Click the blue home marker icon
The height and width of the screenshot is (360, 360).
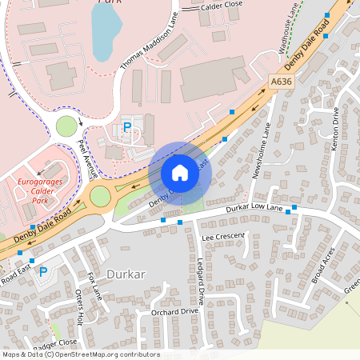point(180,173)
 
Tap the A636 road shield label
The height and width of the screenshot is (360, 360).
point(280,82)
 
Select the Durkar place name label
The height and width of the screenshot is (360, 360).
point(125,274)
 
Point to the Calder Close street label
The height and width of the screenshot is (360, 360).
point(222,5)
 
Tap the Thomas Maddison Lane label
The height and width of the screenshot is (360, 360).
point(146,43)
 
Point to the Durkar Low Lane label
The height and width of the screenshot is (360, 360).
point(256,210)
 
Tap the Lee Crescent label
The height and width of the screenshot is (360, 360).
point(224,238)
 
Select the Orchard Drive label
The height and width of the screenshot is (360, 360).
point(174,312)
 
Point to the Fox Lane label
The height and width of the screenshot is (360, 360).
point(95,285)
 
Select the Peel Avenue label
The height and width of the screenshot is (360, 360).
point(87,159)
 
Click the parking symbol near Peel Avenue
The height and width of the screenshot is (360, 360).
point(126,127)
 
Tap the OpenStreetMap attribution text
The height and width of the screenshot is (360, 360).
point(80,354)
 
